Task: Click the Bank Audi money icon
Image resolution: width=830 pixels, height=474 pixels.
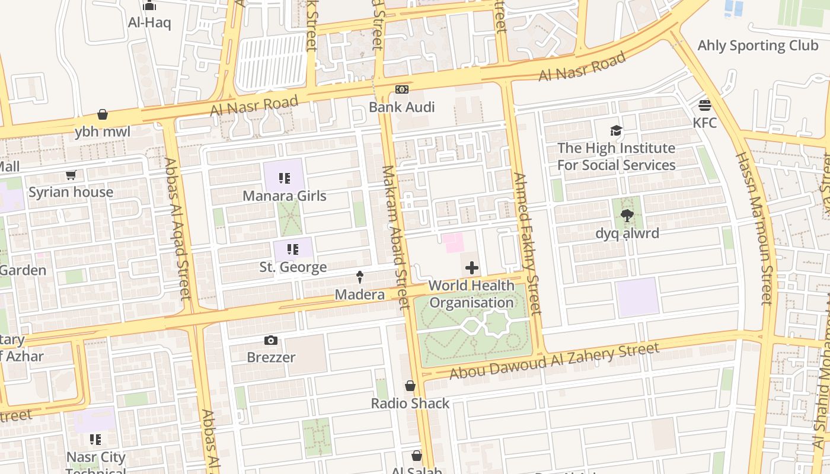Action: pyautogui.click(x=402, y=89)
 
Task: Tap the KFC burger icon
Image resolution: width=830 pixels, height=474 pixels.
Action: pyautogui.click(x=705, y=105)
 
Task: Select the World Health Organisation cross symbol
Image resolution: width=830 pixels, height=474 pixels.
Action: pyautogui.click(x=472, y=268)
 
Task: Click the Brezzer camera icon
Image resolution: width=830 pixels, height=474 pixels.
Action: pyautogui.click(x=271, y=340)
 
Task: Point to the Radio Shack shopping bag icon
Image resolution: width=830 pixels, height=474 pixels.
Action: pyautogui.click(x=410, y=386)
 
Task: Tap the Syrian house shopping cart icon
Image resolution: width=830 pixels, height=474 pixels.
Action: pyautogui.click(x=71, y=175)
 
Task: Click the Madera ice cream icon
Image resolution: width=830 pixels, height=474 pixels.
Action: pyautogui.click(x=359, y=277)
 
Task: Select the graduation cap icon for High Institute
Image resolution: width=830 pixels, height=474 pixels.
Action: pyautogui.click(x=616, y=130)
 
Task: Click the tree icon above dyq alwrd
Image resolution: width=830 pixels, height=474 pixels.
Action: pyautogui.click(x=627, y=216)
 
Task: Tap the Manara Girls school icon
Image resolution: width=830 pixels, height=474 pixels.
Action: pyautogui.click(x=285, y=178)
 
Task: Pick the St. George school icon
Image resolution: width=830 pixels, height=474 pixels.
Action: pyautogui.click(x=292, y=249)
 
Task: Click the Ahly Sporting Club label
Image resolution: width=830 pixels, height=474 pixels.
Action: pyautogui.click(x=758, y=46)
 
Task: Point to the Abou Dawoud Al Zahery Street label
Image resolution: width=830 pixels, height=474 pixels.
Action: pyautogui.click(x=554, y=361)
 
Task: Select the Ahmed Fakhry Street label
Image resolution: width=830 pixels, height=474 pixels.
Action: pyautogui.click(x=527, y=243)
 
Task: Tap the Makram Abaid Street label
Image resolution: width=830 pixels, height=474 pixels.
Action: pyautogui.click(x=395, y=237)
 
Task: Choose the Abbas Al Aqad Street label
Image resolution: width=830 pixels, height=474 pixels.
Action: pyautogui.click(x=178, y=228)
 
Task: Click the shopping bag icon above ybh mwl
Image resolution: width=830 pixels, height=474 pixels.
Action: pyautogui.click(x=103, y=114)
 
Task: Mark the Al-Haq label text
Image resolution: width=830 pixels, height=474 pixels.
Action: pyautogui.click(x=149, y=23)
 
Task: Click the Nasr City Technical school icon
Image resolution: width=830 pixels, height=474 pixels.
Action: pyautogui.click(x=95, y=440)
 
